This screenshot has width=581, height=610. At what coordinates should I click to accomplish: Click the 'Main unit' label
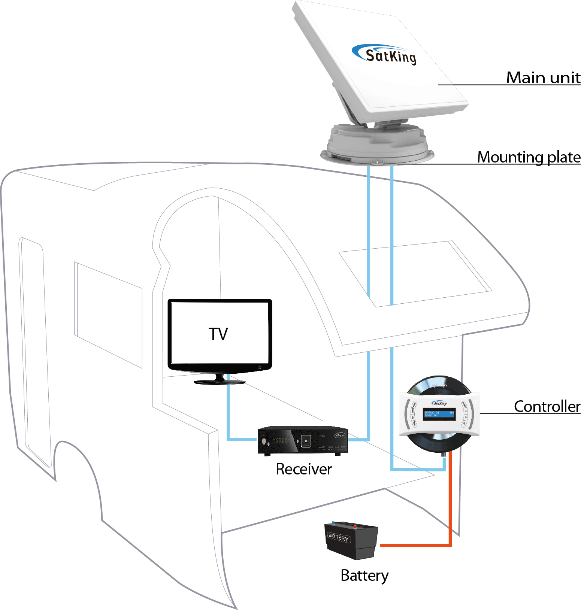(x=543, y=78)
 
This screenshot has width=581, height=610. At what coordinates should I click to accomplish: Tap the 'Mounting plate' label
(x=529, y=157)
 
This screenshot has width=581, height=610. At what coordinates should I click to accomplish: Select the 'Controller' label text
(x=547, y=406)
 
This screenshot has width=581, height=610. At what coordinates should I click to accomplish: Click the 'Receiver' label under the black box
(x=303, y=469)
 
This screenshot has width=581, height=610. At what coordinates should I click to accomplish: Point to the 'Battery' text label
(x=364, y=576)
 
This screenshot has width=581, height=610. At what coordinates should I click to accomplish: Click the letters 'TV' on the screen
(x=218, y=334)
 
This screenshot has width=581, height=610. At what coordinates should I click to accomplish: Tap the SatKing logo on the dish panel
(x=386, y=55)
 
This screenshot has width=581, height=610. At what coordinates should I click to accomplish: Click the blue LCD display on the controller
(x=439, y=414)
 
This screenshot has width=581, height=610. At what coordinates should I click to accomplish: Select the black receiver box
(x=302, y=441)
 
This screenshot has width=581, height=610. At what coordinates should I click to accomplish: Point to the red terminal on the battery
(x=355, y=527)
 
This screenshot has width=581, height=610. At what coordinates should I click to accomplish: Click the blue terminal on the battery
(x=333, y=523)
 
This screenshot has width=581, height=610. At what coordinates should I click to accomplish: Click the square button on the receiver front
(x=306, y=441)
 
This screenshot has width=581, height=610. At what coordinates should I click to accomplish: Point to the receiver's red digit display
(x=282, y=441)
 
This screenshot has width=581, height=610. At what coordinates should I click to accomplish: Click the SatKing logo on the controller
(x=439, y=403)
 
